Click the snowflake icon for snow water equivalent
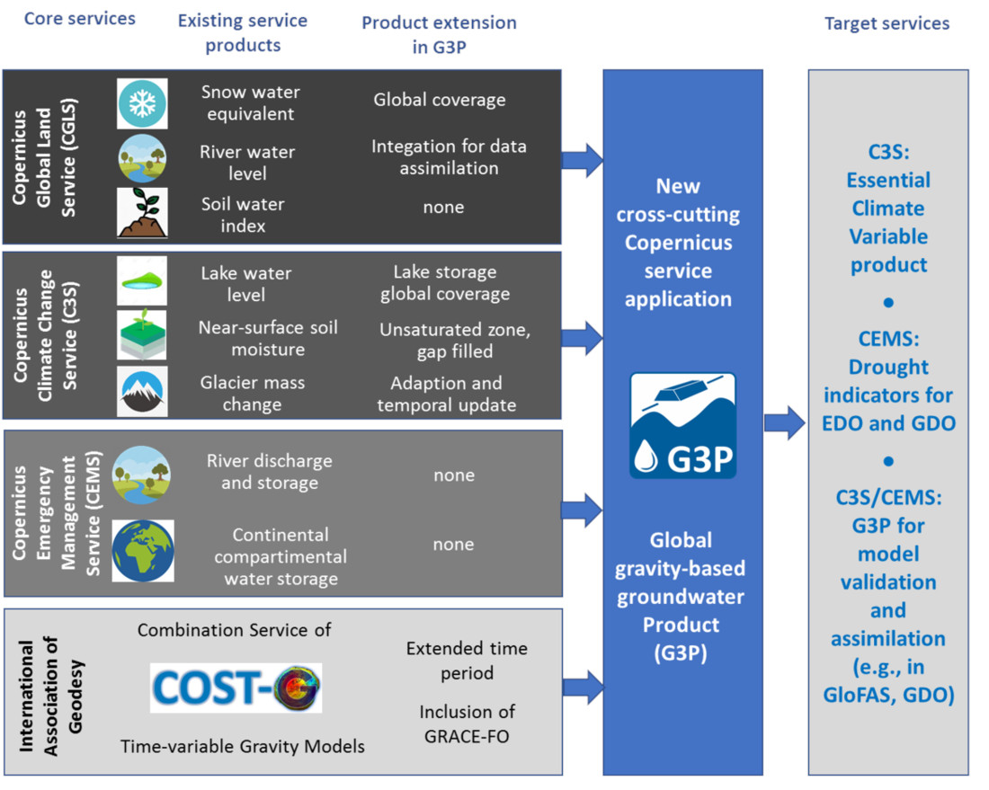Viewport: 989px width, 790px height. (143, 103)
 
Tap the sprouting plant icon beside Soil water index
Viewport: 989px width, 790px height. (143, 212)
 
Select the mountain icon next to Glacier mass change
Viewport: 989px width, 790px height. (143, 391)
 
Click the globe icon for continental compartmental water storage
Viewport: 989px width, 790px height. (143, 550)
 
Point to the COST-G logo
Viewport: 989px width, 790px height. (236, 688)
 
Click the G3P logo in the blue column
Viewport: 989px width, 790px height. (683, 426)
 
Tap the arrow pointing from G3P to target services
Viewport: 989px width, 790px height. (785, 422)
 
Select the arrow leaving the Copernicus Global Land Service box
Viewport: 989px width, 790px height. (583, 160)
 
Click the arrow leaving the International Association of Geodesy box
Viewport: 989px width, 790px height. (583, 688)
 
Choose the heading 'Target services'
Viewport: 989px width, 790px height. (887, 23)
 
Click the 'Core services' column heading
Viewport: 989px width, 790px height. (79, 19)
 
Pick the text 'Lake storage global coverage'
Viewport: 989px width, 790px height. (445, 282)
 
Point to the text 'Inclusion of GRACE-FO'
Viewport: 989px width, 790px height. (467, 723)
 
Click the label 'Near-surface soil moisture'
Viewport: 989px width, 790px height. (268, 338)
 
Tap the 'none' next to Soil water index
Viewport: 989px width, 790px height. (443, 207)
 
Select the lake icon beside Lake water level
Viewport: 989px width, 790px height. (143, 281)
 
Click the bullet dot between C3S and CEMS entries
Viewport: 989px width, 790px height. (888, 303)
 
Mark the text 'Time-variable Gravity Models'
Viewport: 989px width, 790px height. (243, 747)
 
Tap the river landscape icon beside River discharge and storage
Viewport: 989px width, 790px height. (141, 475)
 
